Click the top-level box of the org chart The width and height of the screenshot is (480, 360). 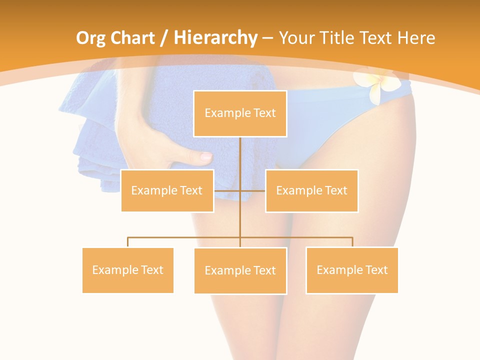pos(240,113)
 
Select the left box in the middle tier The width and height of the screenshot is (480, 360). pos(167,190)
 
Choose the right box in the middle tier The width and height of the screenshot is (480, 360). pos(311,190)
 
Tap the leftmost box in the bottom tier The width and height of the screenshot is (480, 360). pos(128,270)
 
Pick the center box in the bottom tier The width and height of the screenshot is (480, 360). pos(240,270)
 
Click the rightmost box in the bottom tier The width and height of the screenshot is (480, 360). pos(352,270)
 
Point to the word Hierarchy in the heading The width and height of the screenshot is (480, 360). pos(215,38)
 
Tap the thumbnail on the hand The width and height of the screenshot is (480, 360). pos(205,156)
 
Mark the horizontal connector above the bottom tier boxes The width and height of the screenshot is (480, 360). pos(185,237)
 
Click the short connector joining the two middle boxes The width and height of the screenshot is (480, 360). pos(228,190)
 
